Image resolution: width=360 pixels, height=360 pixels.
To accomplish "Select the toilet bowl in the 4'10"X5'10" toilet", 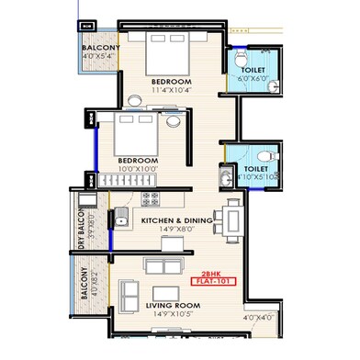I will coord(265,155).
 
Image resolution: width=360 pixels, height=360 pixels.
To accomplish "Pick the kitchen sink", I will coord(120,218).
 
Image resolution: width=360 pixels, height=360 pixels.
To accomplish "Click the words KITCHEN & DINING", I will coord(177,221).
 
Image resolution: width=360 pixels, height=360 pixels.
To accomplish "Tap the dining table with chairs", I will coord(233,219).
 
